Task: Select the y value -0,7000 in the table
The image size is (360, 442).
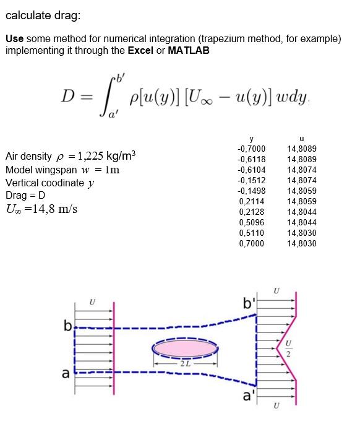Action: point(251,149)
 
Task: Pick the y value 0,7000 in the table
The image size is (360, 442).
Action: point(252,243)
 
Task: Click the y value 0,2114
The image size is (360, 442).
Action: point(252,201)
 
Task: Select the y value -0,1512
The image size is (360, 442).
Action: point(251,180)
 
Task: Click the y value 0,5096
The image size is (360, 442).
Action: point(252,222)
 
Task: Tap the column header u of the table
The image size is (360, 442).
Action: point(301,138)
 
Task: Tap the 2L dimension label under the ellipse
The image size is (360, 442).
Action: point(184,363)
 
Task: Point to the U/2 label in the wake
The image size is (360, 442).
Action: point(286,349)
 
